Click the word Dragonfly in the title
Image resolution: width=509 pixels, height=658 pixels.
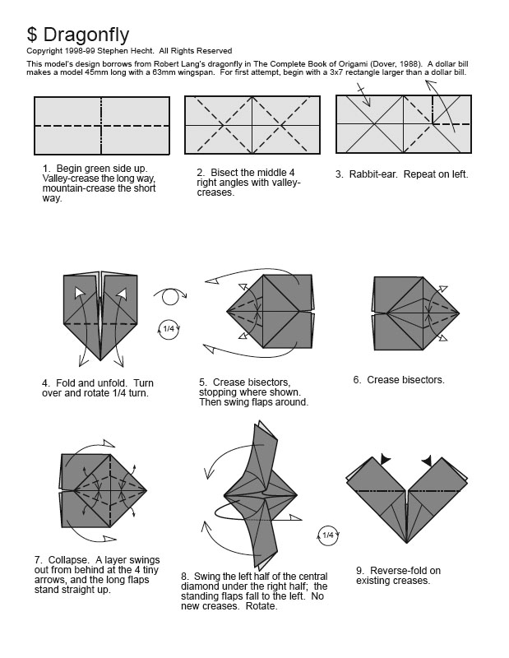[x=86, y=35]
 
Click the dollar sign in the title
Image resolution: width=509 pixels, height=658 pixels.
[x=32, y=35]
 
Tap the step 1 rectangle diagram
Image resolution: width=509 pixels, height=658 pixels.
[x=102, y=126]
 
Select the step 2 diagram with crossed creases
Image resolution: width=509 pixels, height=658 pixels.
[x=252, y=125]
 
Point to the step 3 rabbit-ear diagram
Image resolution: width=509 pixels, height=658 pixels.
[x=404, y=124]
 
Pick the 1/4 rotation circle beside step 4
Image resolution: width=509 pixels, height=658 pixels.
[x=169, y=329]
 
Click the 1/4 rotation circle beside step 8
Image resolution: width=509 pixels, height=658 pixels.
[x=327, y=535]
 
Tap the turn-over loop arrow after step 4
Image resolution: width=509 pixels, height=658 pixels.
[x=169, y=297]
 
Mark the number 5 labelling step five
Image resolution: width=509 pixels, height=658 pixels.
[x=201, y=382]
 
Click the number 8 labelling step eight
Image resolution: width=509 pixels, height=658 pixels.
[x=184, y=577]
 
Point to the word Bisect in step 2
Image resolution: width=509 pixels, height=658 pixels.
[x=227, y=174]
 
